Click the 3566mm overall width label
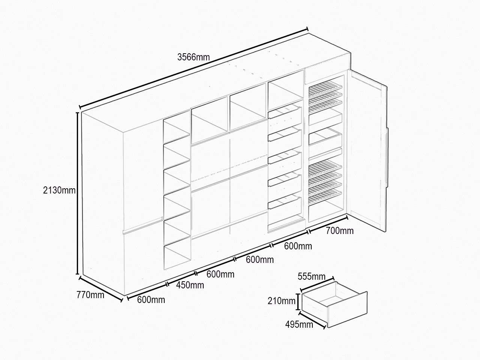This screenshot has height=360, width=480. tap(193, 57)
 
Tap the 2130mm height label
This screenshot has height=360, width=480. tap(59, 190)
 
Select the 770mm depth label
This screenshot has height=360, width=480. tap(90, 295)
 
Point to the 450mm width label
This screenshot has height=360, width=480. tap(190, 285)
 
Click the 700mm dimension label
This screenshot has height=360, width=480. tap(340, 231)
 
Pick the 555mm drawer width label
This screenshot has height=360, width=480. tap(311, 276)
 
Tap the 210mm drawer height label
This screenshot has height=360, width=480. tap(282, 301)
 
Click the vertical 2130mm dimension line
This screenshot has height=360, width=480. tap(77, 193)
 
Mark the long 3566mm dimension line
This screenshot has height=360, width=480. tap(194, 68)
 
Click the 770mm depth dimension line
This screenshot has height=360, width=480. tap(101, 289)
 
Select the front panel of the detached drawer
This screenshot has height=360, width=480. tap(348, 310)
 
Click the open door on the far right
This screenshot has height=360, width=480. tap(367, 151)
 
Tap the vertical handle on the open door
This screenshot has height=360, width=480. tap(387, 157)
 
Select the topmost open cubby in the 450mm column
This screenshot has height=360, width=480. tap(177, 127)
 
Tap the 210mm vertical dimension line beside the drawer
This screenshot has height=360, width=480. tap(298, 301)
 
